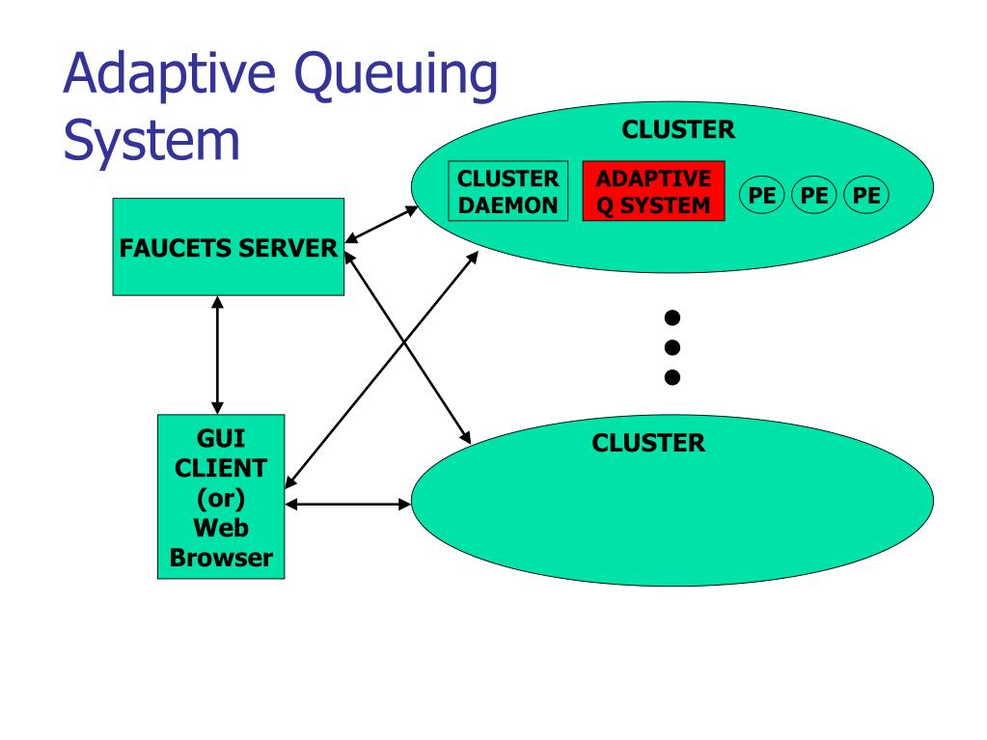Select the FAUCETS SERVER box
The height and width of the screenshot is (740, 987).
point(229,247)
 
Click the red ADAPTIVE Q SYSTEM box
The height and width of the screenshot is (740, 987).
point(653,191)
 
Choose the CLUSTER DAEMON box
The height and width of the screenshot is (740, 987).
point(508,191)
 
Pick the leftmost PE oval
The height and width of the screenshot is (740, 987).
point(761,195)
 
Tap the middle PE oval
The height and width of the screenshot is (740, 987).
point(814,195)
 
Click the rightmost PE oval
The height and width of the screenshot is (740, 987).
point(866,195)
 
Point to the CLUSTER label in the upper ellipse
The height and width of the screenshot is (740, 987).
point(678,129)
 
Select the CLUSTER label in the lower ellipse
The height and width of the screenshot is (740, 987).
point(648,443)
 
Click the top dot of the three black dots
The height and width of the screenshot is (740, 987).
point(672,317)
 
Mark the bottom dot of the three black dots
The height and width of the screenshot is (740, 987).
point(672,377)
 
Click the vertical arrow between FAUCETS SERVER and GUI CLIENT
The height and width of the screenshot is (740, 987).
point(218,355)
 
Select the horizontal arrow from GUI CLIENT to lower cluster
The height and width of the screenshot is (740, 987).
point(348,504)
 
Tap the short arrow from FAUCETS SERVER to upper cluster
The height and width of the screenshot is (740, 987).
point(381,225)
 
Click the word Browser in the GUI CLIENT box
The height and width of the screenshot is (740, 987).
point(221,559)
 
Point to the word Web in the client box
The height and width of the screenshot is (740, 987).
point(221,528)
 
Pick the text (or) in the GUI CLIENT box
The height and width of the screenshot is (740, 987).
point(221,499)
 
